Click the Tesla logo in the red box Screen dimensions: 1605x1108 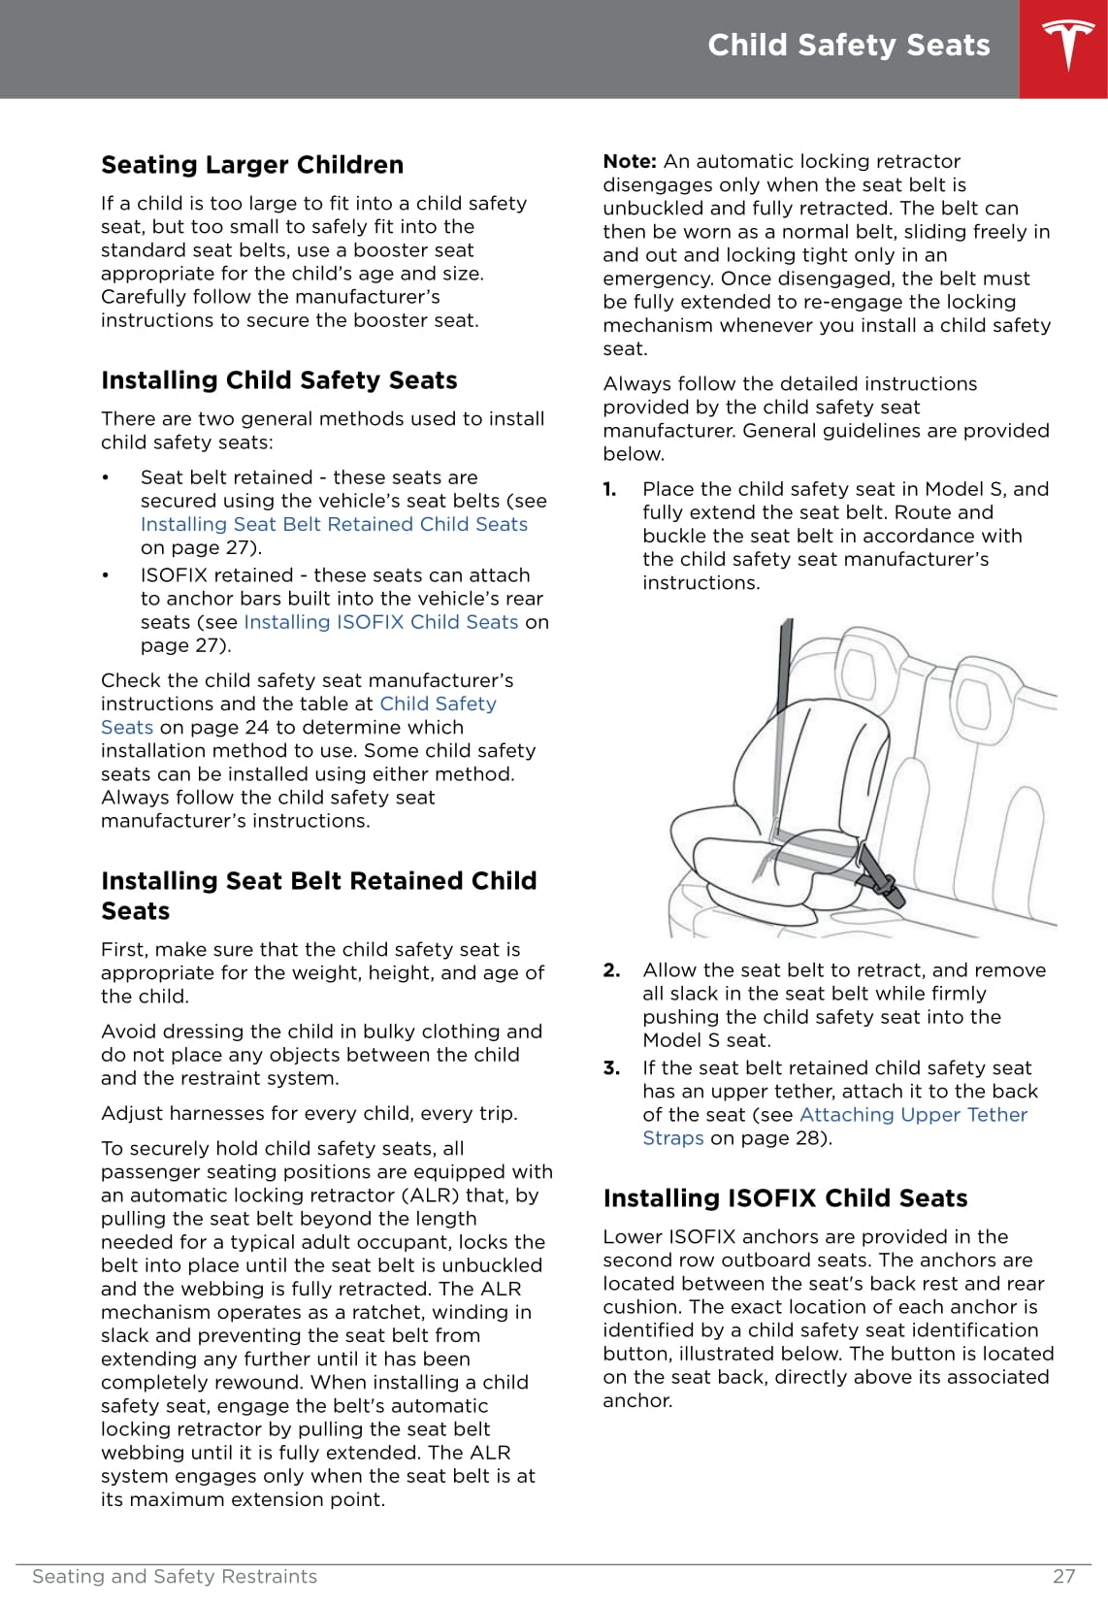click(x=1067, y=47)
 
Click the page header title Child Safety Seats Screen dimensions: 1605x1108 click(x=848, y=46)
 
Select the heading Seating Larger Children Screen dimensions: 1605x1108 click(x=252, y=165)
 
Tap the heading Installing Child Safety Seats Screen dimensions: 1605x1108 click(x=278, y=380)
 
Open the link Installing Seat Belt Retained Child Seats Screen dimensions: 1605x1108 click(x=334, y=524)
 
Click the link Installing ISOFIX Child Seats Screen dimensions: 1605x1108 click(x=380, y=622)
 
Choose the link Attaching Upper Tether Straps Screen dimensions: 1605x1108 click(x=912, y=1115)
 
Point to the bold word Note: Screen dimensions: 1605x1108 click(x=630, y=161)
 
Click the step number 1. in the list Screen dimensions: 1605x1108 click(x=610, y=489)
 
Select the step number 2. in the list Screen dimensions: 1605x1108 click(x=611, y=970)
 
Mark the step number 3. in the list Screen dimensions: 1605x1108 click(x=611, y=1068)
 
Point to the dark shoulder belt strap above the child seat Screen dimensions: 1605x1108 click(x=784, y=699)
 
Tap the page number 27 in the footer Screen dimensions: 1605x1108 click(x=1063, y=1577)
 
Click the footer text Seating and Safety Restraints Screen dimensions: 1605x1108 click(x=175, y=1577)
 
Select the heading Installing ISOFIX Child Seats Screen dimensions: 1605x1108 click(x=785, y=1198)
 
